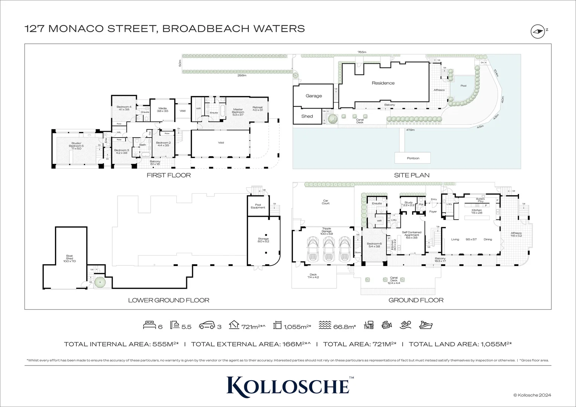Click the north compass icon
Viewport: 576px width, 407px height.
coord(538,32)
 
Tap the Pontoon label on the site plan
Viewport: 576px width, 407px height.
coord(413,158)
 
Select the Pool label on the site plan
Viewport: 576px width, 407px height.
coord(463,86)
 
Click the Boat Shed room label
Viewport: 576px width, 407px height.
coord(69,258)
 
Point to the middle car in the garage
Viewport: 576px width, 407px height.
coord(326,250)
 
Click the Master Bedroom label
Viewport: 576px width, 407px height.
coord(238,111)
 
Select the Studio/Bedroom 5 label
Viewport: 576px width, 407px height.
coord(78,146)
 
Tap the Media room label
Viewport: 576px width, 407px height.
coord(162,110)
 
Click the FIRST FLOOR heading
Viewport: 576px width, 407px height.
coord(169,175)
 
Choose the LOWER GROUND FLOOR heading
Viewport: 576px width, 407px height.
coord(169,300)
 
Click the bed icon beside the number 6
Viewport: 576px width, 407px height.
coord(149,325)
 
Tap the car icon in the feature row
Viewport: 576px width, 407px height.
coord(207,325)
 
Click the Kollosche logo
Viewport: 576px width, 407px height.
coord(288,386)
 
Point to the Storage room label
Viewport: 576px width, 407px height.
coord(263,240)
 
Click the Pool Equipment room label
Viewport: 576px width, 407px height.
coord(258,206)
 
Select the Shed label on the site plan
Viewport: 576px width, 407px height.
coord(307,116)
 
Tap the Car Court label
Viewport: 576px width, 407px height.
coord(326,202)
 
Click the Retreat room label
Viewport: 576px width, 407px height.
coord(257,109)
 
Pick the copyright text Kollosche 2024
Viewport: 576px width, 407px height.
coord(532,395)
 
